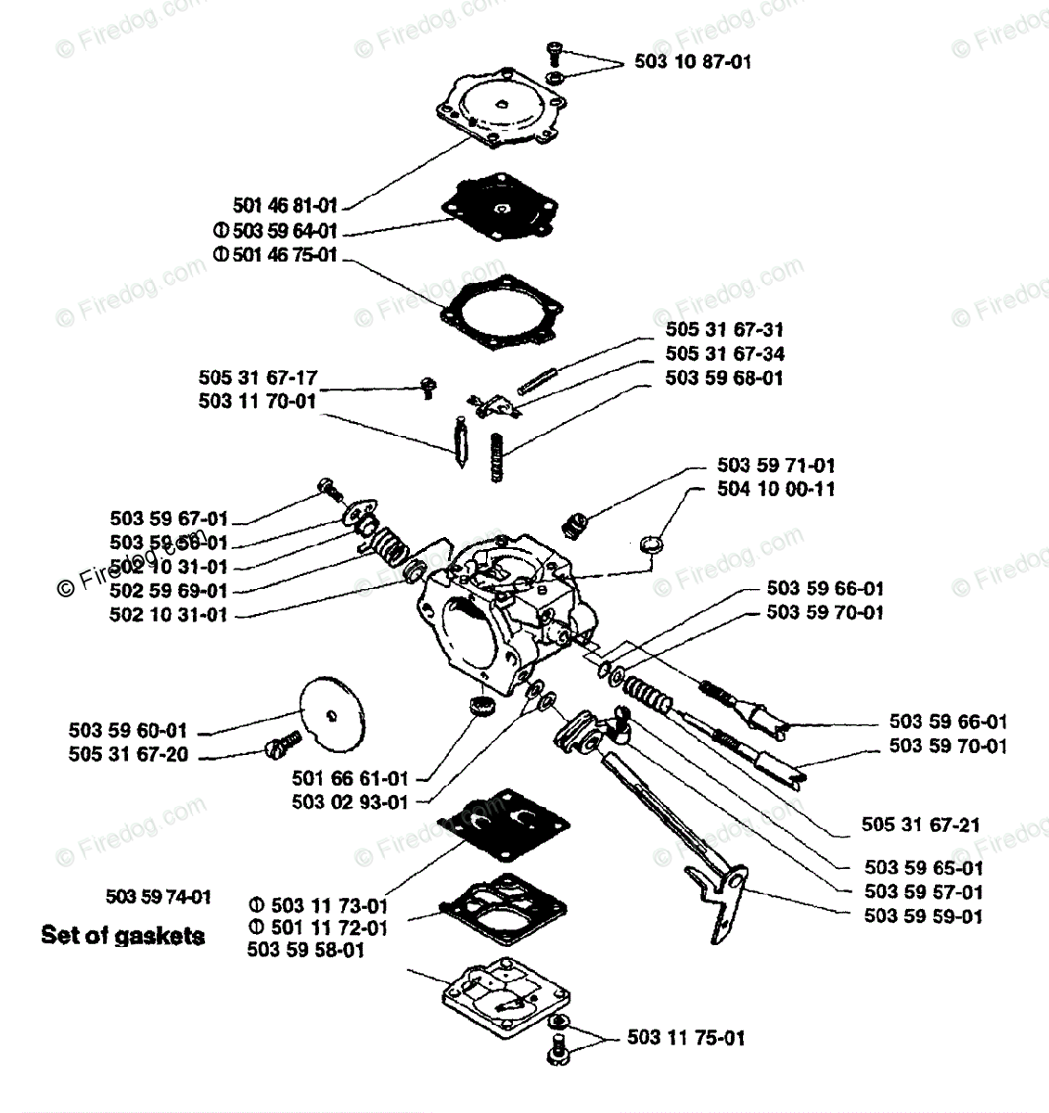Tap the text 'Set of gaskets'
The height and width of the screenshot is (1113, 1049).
click(122, 935)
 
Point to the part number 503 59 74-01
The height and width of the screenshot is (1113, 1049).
click(159, 897)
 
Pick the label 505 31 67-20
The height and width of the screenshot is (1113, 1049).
click(128, 755)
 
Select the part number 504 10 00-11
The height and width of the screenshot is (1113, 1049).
click(775, 489)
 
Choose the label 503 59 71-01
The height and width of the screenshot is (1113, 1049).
click(775, 465)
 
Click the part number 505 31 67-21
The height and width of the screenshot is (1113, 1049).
click(920, 825)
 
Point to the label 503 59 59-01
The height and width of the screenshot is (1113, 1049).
click(923, 916)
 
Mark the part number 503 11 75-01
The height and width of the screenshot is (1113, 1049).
click(685, 1038)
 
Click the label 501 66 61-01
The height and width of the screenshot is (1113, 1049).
click(350, 778)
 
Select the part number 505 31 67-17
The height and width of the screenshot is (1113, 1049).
click(258, 377)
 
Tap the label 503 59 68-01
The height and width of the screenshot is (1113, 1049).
click(723, 377)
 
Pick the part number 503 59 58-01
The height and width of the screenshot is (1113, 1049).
click(306, 951)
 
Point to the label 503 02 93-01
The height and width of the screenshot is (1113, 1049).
click(350, 802)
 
